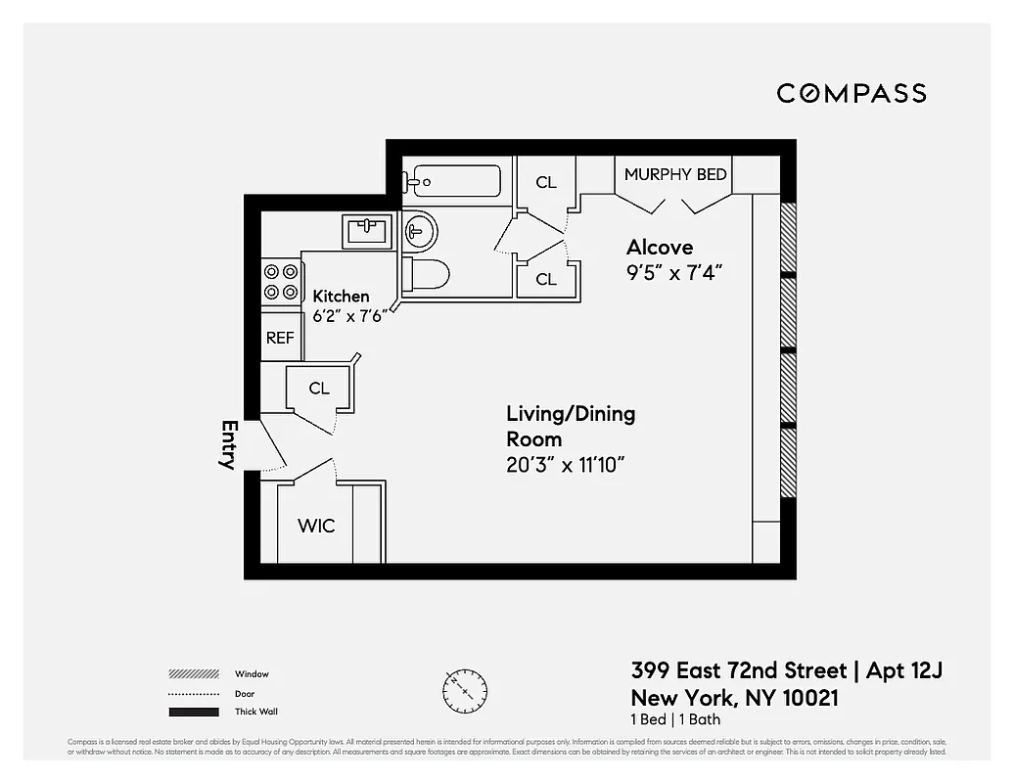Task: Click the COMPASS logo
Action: click(x=852, y=93)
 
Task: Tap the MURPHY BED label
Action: click(x=675, y=174)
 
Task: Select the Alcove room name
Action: click(x=660, y=247)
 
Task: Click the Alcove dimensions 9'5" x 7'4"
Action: click(x=674, y=272)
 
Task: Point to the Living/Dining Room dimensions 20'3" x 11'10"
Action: click(x=566, y=465)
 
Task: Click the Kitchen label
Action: click(x=341, y=296)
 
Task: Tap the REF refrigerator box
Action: click(x=280, y=338)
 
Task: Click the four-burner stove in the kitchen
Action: click(x=281, y=282)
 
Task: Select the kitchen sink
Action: click(x=368, y=232)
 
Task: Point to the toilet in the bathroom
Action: click(x=427, y=274)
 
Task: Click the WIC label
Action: click(x=316, y=526)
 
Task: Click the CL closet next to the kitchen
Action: click(x=319, y=388)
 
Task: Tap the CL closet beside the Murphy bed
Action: click(x=546, y=182)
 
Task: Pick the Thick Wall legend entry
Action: click(x=255, y=712)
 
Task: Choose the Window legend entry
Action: click(x=252, y=674)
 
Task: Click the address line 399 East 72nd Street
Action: click(x=739, y=671)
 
